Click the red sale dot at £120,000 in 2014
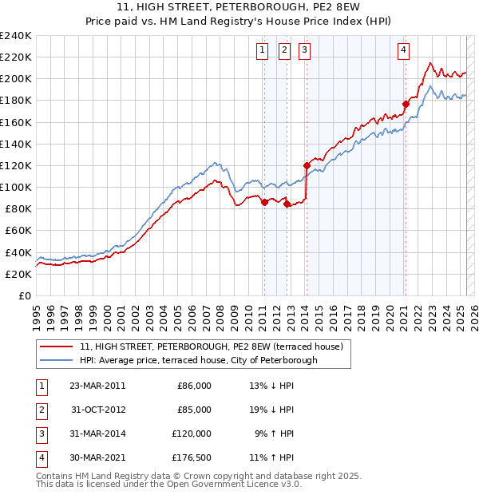[x=307, y=165]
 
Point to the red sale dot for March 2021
[x=406, y=104]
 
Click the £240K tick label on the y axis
[x=16, y=35]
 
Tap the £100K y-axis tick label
[x=16, y=187]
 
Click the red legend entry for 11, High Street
[x=211, y=346]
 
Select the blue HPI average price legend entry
[x=198, y=360]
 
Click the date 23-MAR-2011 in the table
[x=97, y=386]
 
